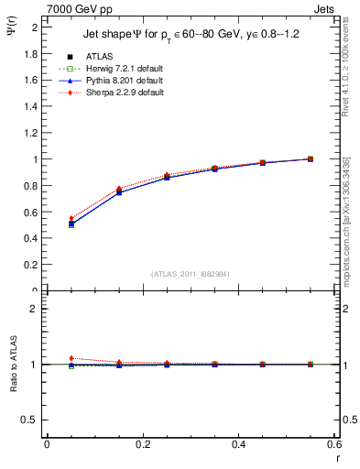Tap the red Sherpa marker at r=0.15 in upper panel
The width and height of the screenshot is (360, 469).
pos(119,189)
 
